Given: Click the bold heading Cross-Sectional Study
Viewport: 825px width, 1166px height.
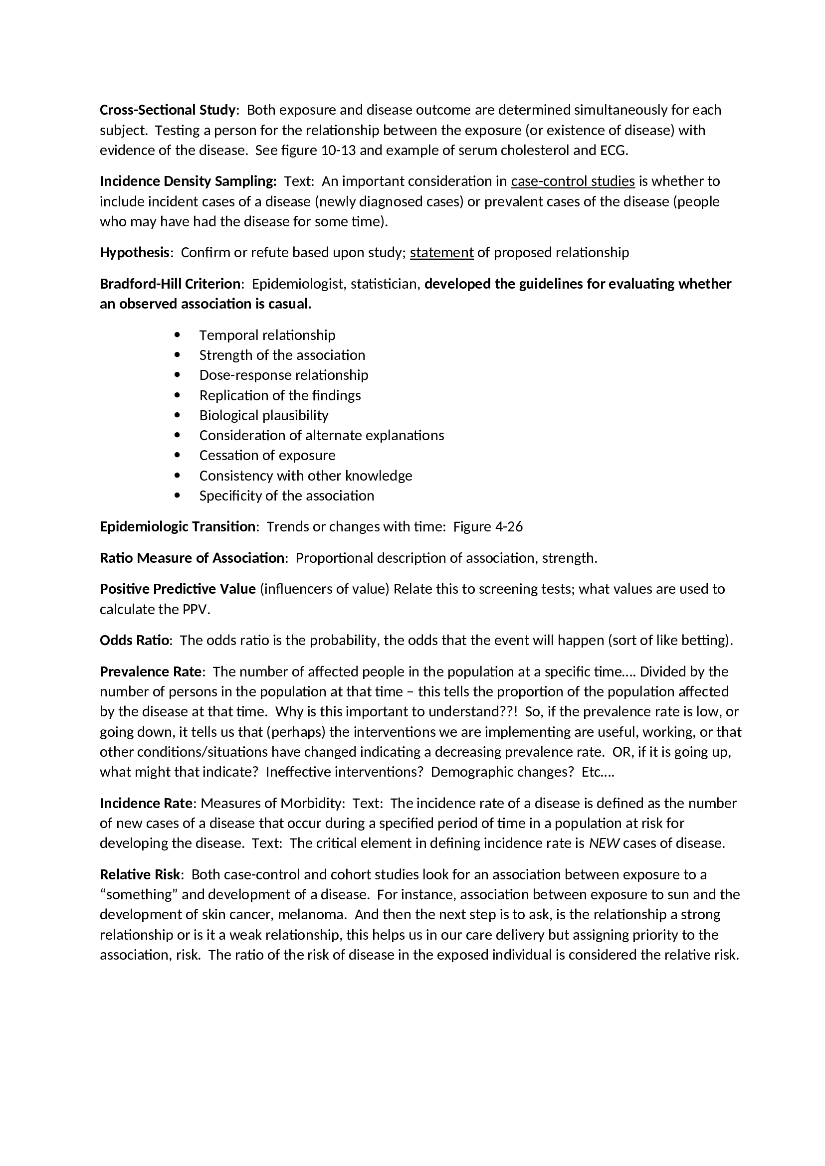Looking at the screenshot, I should (168, 110).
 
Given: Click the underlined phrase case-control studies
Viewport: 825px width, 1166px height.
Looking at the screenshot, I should (573, 181).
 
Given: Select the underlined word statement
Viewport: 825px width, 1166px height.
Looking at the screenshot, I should (441, 252).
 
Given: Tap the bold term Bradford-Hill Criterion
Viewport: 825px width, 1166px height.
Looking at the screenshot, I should (170, 284).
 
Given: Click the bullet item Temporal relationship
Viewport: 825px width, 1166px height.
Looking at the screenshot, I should (267, 335).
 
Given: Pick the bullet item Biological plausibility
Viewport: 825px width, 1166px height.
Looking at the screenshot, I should (264, 415).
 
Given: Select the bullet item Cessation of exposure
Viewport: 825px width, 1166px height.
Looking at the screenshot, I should (267, 455).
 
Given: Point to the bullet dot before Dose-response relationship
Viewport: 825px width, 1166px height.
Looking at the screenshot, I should (177, 375).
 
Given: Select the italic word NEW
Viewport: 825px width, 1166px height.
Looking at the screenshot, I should (604, 843).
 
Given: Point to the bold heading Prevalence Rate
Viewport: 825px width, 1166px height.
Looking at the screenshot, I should (150, 672).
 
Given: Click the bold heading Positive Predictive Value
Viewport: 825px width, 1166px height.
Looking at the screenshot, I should (177, 589).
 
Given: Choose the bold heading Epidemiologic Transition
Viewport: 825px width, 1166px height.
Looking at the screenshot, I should (177, 526).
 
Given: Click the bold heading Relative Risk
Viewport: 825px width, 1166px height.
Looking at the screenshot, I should (140, 874).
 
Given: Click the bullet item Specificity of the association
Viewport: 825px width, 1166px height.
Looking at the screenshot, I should (286, 496).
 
